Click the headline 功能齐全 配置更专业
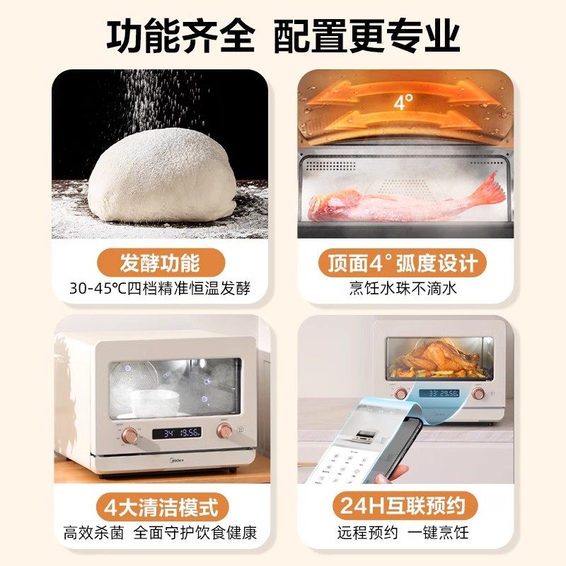click(283, 35)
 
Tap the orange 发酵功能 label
click(159, 262)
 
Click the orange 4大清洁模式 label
click(159, 507)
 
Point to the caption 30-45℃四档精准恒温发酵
click(160, 289)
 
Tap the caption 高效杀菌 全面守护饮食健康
click(160, 532)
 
